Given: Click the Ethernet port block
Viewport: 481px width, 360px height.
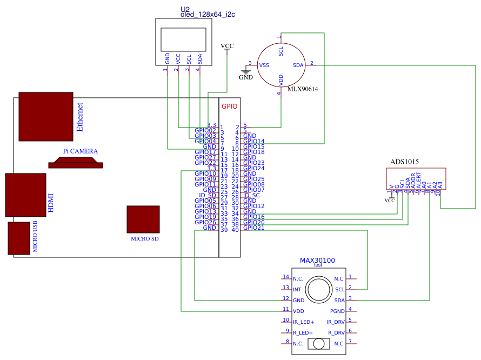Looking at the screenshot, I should coord(45,116).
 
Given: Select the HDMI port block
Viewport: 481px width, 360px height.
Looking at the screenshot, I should coord(25,195).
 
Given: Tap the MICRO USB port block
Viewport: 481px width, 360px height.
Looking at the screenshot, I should coord(19,238).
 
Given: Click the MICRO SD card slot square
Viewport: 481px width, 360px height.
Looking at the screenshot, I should coord(143,219).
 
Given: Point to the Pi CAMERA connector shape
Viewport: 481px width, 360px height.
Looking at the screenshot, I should coord(76,163).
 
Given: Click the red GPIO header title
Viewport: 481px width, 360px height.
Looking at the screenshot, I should coord(230,107).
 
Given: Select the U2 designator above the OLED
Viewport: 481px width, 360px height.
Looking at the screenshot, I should coord(185,9).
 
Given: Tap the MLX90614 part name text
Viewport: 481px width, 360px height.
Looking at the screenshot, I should coord(302,89).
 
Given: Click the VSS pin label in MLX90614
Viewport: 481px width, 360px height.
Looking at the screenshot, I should coord(264,65).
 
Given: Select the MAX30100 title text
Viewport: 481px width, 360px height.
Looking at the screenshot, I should coord(317,261).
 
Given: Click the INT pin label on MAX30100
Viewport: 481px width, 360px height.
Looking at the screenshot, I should coord(297,289).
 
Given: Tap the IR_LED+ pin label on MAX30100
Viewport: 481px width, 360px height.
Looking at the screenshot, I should coord(304,322).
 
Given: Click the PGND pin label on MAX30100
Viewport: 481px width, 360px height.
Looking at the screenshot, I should coord(337,311).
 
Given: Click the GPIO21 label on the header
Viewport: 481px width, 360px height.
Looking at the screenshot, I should coord(253,228).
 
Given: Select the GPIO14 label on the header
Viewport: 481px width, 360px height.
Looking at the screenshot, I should coord(253,141).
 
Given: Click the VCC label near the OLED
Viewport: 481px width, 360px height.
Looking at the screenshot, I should coord(228,46).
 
